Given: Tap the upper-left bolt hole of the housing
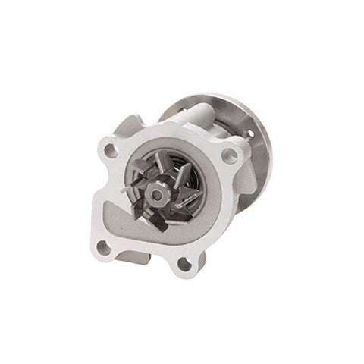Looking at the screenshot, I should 111,150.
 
